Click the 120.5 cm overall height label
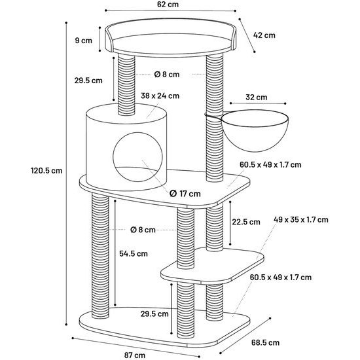coord(46,171)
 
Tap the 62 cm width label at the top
coord(168,5)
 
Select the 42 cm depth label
coord(264,35)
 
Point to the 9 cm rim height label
coord(83,41)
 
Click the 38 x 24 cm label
coord(160,96)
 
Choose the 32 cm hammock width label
coord(256,97)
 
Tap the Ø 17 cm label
coord(185,194)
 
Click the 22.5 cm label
coord(246,222)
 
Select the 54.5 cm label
coord(134,253)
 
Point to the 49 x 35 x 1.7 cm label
coord(301,219)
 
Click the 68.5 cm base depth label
coord(265,343)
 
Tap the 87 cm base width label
coord(135,355)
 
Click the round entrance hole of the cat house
coord(137,157)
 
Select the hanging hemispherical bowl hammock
coord(255,130)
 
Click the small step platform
coord(212,266)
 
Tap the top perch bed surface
coord(170,43)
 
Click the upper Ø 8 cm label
coord(167,74)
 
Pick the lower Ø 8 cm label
coord(143,230)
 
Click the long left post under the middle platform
coord(100,255)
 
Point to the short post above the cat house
coord(126,84)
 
